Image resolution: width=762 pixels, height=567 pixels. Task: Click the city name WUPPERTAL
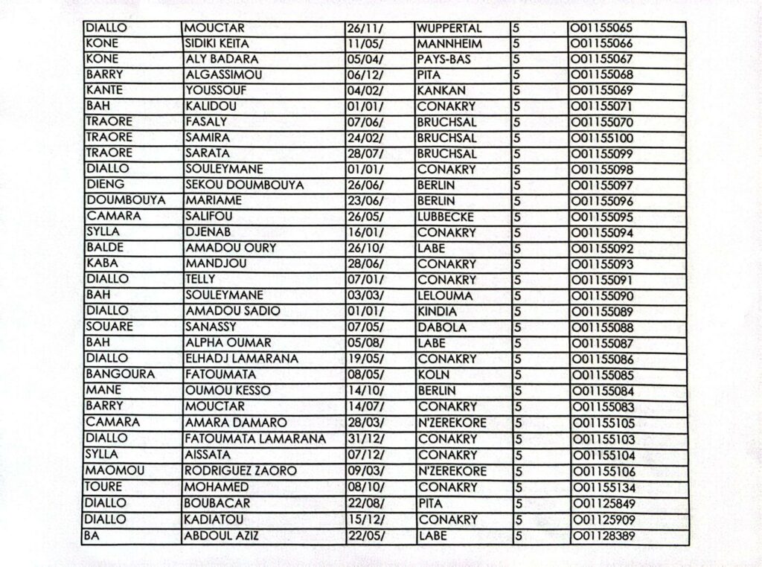coord(449,28)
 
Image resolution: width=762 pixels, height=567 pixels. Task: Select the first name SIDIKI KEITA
coord(217,44)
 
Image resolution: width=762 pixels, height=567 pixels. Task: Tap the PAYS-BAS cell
coord(444,60)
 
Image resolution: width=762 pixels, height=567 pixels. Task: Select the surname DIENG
coord(106,185)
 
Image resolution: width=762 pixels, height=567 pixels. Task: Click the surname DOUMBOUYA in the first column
coord(125,201)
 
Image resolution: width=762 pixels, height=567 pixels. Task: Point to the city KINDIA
coord(437,311)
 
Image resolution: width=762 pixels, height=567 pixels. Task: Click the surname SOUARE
coord(109,327)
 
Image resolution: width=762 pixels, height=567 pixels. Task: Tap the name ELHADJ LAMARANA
coord(241,359)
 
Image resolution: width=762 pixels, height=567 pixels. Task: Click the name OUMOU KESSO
coord(227,391)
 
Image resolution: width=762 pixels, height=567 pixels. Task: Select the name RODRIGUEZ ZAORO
coord(240,471)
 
